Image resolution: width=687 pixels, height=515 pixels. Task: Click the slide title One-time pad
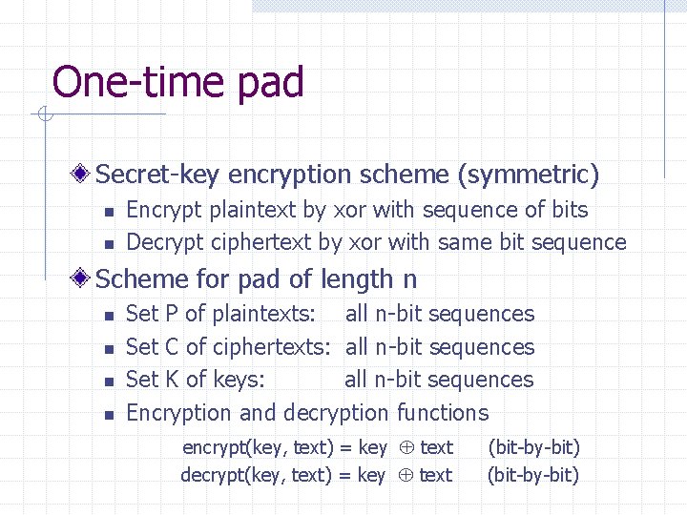click(x=178, y=82)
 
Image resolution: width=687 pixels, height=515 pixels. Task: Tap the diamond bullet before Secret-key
click(x=83, y=174)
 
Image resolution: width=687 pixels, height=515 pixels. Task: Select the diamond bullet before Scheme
click(x=83, y=278)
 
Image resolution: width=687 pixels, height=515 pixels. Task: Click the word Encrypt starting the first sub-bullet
click(x=161, y=210)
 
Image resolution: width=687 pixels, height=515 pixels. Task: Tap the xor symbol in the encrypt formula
click(x=404, y=447)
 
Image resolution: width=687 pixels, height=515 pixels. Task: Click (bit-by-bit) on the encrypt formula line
click(x=533, y=446)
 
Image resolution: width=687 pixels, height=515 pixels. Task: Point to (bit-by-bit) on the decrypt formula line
click(x=533, y=475)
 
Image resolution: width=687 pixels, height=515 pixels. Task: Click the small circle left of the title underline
click(x=43, y=115)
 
